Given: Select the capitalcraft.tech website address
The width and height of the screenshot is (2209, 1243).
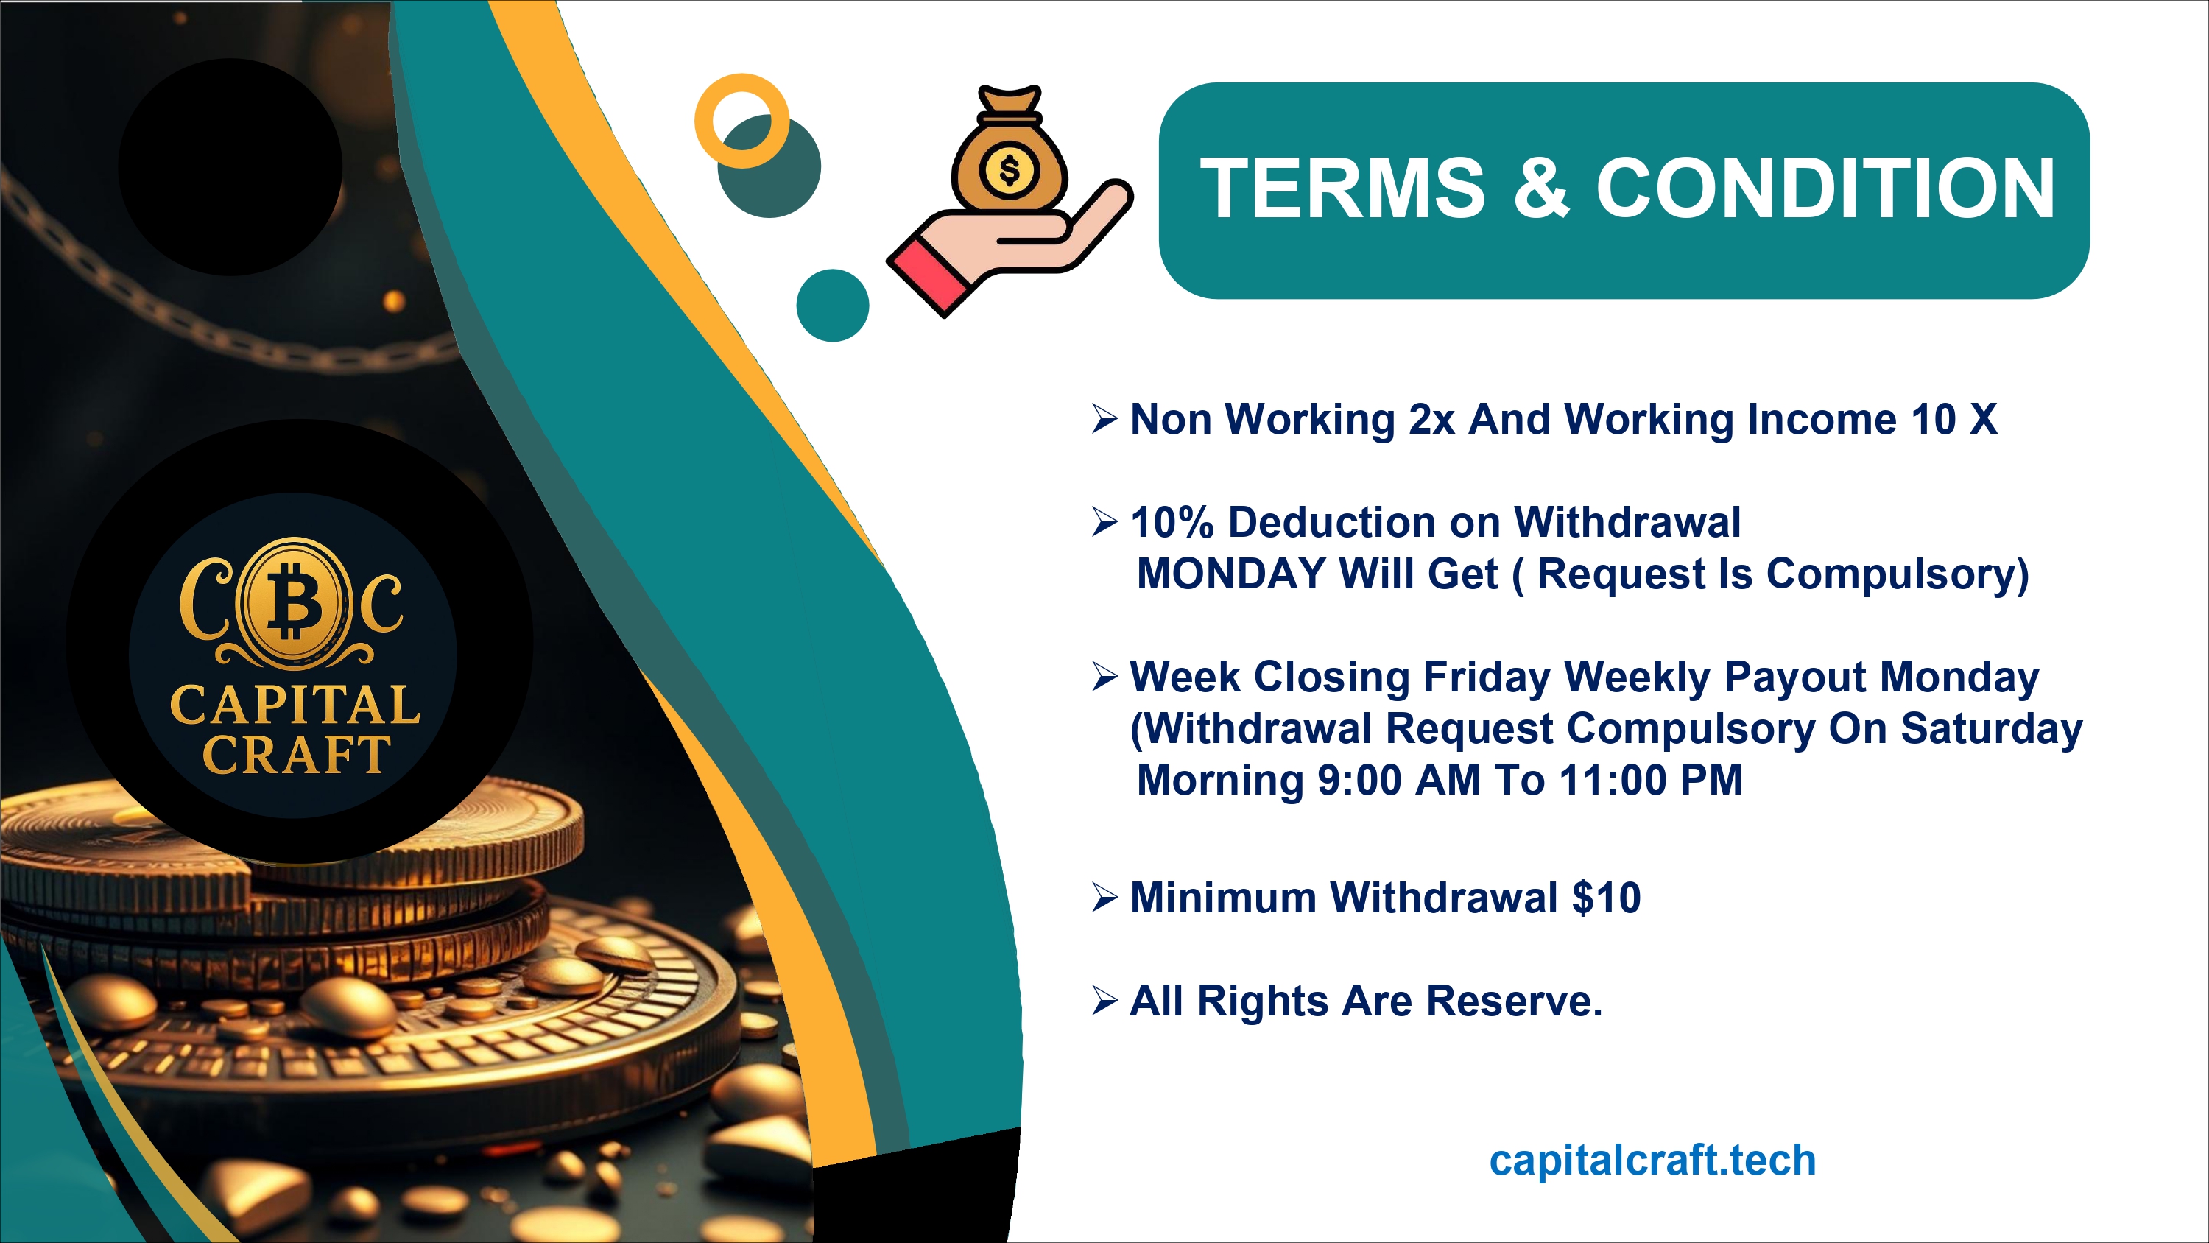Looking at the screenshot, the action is [x=1652, y=1160].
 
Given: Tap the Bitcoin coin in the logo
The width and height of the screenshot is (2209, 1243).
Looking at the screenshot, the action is [x=293, y=602].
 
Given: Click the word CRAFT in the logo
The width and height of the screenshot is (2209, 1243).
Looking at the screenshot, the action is [x=296, y=755].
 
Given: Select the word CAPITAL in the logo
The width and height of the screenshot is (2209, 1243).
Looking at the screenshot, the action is [x=295, y=705].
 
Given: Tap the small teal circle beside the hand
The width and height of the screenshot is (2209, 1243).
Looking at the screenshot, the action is [x=833, y=306].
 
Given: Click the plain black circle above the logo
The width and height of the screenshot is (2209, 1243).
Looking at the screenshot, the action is [x=230, y=166].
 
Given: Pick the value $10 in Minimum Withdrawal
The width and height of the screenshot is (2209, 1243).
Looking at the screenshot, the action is [x=1606, y=898].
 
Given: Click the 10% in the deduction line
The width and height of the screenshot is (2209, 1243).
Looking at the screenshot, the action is [x=1172, y=522].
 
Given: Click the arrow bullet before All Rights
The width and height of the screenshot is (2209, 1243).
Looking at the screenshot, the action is [x=1104, y=1000].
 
